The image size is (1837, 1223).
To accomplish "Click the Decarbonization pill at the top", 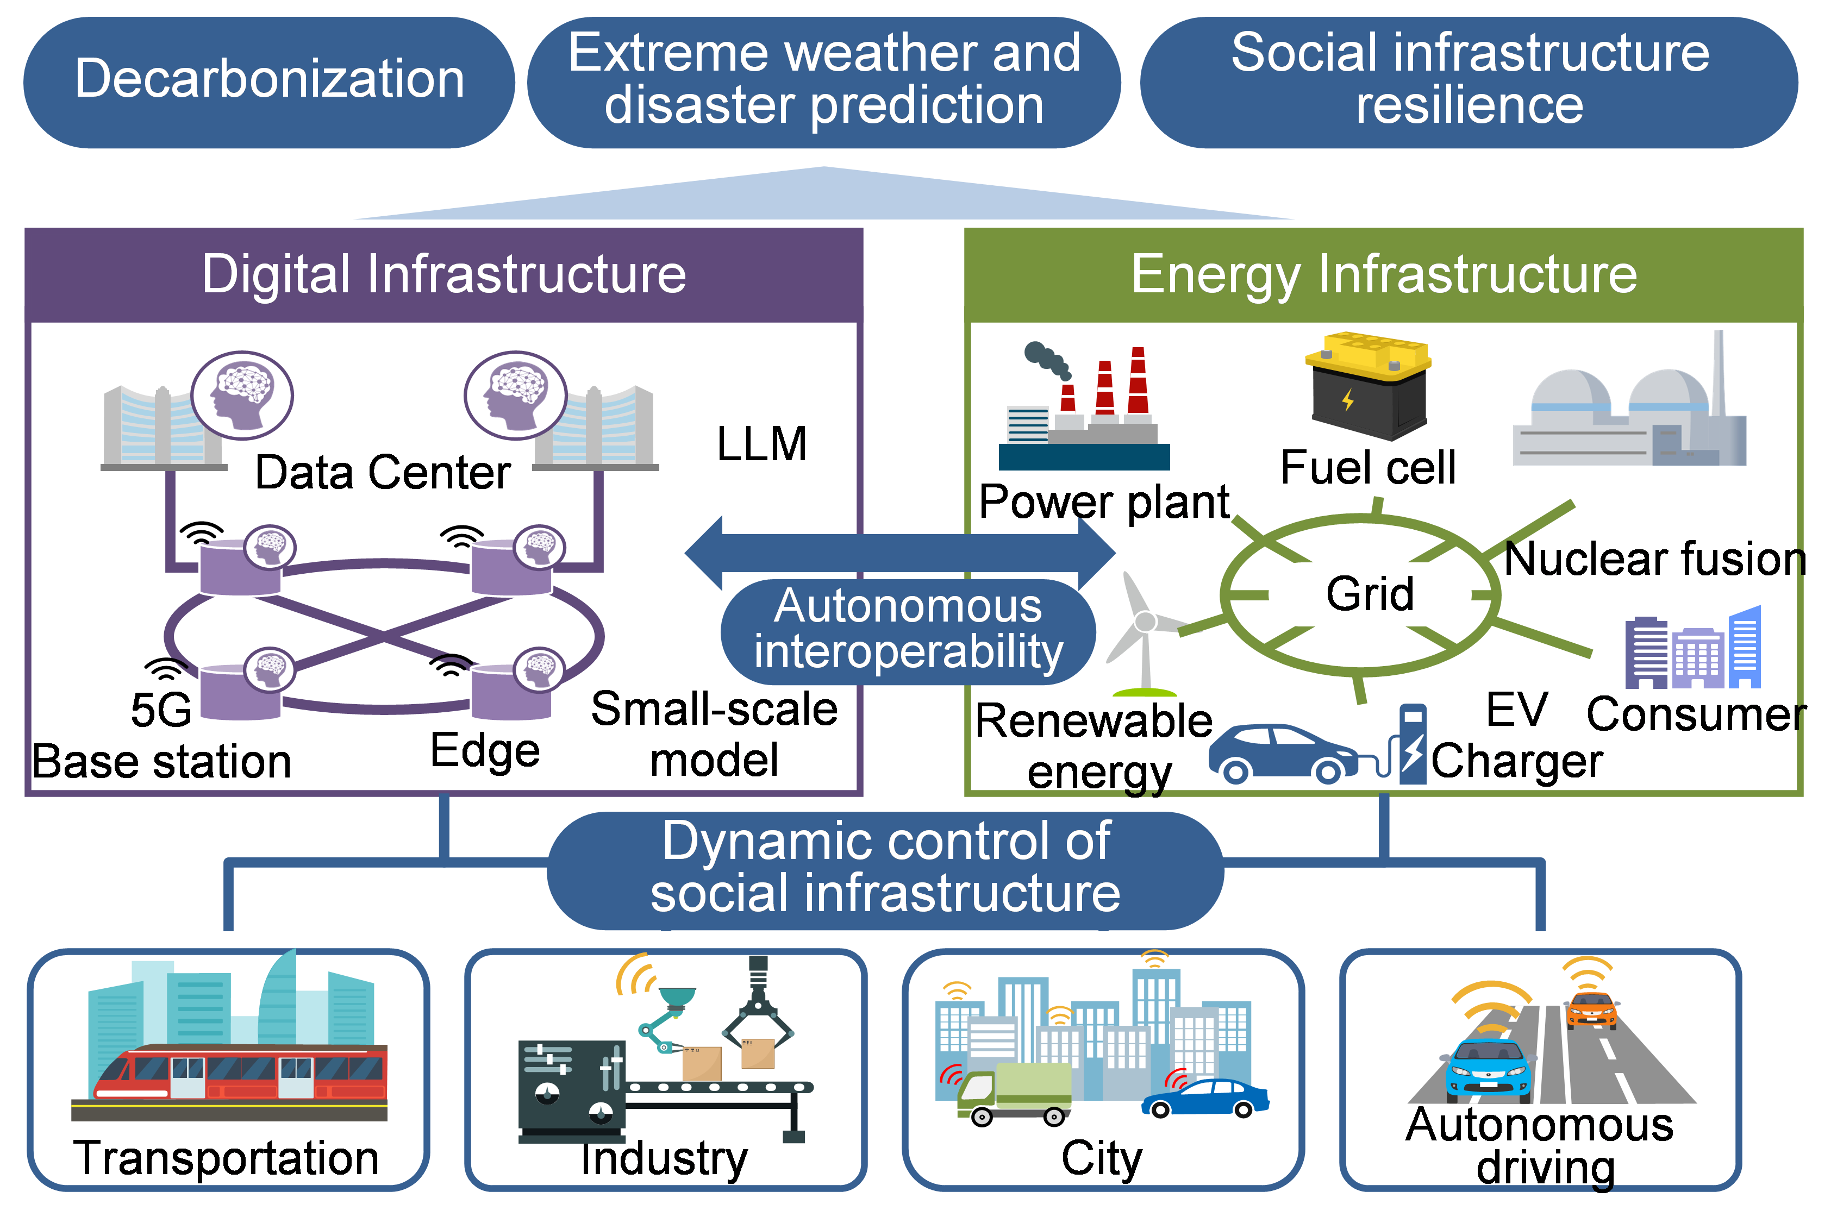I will point(269,80).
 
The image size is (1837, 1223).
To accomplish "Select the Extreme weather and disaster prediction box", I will point(824,80).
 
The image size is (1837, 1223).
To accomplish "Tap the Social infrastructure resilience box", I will point(1469,80).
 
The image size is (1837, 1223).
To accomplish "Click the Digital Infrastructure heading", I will point(444,274).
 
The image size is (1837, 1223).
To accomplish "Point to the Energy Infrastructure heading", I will point(1383,274).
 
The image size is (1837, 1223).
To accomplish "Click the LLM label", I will point(761,444).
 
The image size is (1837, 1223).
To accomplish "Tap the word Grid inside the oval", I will point(1370,594).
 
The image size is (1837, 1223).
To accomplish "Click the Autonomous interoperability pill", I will point(908,630).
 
